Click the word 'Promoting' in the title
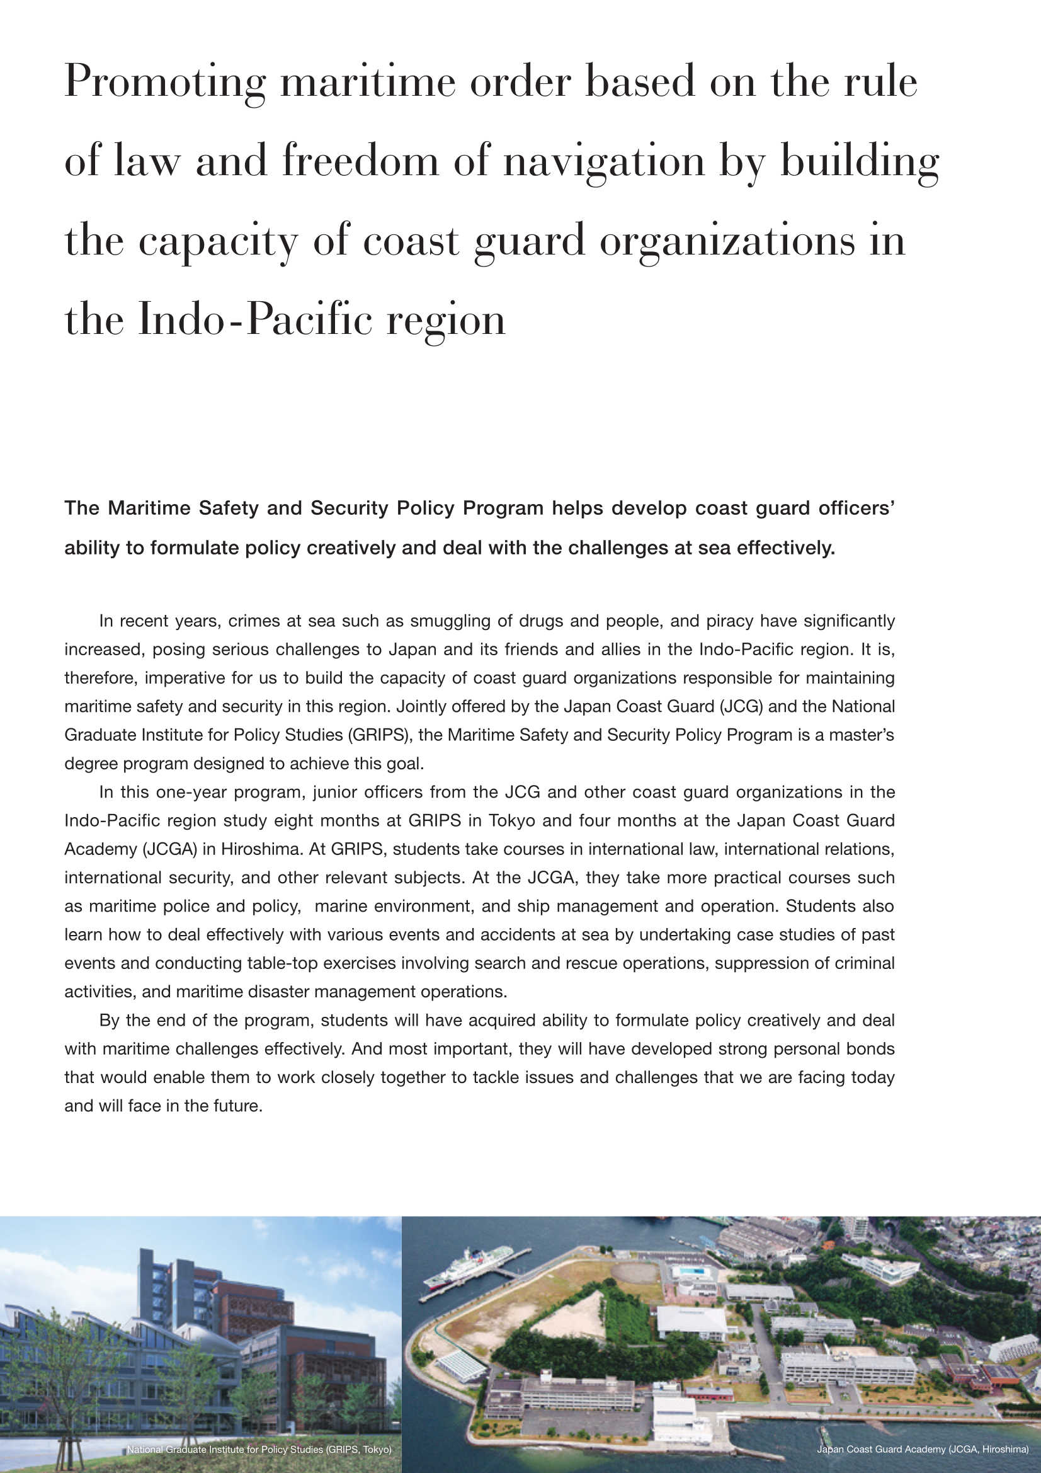(x=165, y=82)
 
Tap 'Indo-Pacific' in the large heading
(x=255, y=319)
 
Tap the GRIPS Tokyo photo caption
(x=258, y=1449)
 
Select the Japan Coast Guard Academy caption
(x=923, y=1449)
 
